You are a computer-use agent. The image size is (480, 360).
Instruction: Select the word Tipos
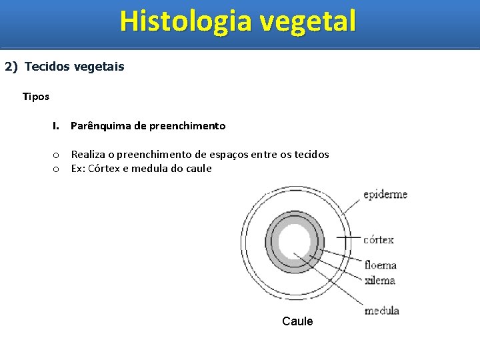click(35, 97)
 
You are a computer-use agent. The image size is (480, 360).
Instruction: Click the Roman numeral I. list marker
click(57, 126)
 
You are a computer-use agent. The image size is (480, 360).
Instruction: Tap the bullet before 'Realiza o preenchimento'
click(57, 155)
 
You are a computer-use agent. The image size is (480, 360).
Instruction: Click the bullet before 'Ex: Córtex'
click(57, 169)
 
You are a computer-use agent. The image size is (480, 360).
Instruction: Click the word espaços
click(231, 155)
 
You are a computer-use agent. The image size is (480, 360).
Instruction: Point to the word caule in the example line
click(198, 169)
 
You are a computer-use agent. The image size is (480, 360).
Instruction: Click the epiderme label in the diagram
click(385, 195)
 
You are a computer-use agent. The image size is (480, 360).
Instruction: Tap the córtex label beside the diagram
click(379, 239)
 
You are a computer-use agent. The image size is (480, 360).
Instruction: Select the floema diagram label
click(381, 266)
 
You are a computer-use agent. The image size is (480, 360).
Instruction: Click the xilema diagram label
click(380, 281)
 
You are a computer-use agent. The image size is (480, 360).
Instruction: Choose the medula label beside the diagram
click(382, 311)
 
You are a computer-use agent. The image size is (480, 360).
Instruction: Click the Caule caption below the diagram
click(297, 321)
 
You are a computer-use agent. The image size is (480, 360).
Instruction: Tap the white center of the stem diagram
click(295, 242)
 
